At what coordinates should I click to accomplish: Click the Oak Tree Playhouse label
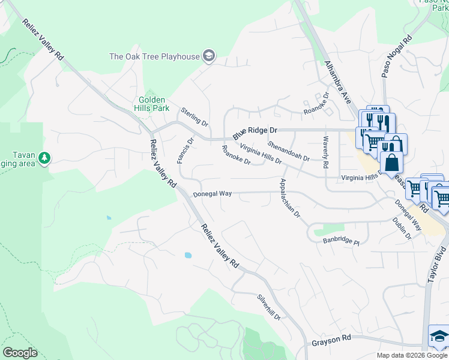click(x=154, y=56)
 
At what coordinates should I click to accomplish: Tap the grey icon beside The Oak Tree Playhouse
click(x=208, y=56)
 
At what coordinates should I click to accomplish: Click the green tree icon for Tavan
click(x=44, y=158)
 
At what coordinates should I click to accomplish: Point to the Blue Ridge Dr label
click(x=255, y=130)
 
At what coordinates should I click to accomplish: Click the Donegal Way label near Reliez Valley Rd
click(x=212, y=194)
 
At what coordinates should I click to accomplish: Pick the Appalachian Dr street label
click(x=290, y=199)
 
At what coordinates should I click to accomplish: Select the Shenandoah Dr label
click(x=289, y=151)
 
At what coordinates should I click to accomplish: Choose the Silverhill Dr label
click(x=269, y=306)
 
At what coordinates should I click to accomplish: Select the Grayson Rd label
click(x=331, y=340)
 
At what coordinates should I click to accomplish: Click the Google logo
click(x=20, y=352)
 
